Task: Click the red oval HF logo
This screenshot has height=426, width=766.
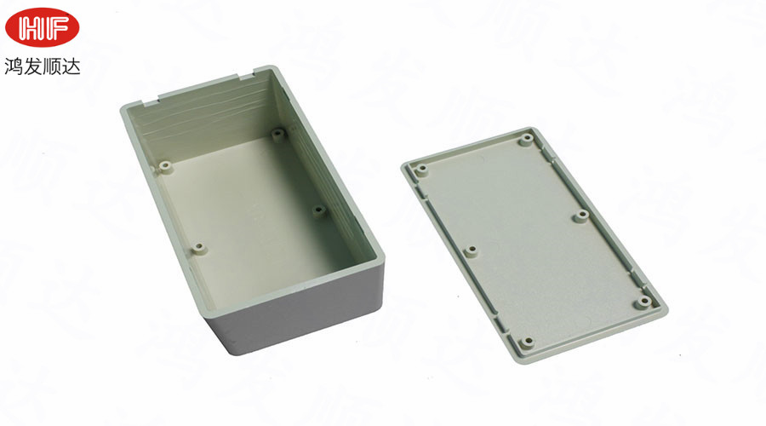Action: pyautogui.click(x=42, y=27)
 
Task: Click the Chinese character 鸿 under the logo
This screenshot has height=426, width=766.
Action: pyautogui.click(x=14, y=66)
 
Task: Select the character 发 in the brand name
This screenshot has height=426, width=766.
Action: pyautogui.click(x=32, y=66)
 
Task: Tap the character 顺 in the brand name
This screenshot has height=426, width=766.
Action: pyautogui.click(x=52, y=66)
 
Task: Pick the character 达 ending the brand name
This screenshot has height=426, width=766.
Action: pyautogui.click(x=71, y=66)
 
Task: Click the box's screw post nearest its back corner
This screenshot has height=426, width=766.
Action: pyautogui.click(x=278, y=133)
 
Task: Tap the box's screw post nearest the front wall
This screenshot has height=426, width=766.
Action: pyautogui.click(x=199, y=248)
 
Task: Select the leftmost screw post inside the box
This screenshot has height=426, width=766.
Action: pyautogui.click(x=166, y=167)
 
